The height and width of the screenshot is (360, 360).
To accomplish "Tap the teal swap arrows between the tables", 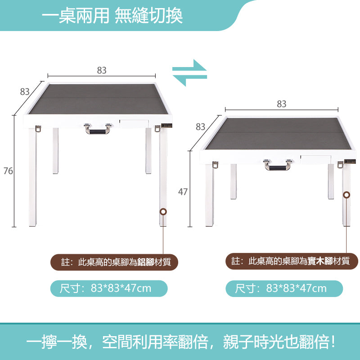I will click(x=190, y=72).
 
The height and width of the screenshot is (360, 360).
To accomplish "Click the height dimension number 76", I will click(x=8, y=171).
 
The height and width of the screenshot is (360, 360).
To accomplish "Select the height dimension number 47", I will click(x=183, y=192).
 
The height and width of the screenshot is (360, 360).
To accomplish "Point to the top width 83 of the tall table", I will click(x=102, y=70).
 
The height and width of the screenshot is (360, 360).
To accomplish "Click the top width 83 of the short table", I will click(x=282, y=104).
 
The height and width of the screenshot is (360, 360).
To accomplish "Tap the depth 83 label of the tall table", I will click(x=25, y=92).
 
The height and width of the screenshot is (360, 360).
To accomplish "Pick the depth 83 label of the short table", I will click(x=201, y=127).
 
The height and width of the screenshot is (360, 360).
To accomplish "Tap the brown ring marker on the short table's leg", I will click(x=346, y=195).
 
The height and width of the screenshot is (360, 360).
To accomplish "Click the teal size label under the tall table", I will click(x=108, y=288).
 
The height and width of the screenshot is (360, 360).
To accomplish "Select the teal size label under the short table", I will click(x=283, y=288).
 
